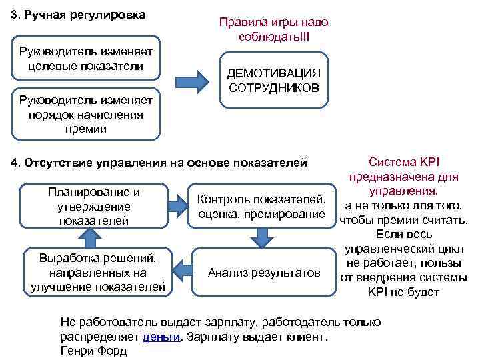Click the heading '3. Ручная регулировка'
coord(79,15)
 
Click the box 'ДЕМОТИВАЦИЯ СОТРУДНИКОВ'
coord(274,80)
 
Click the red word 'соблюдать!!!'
coord(274,35)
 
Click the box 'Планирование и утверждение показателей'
coord(94,205)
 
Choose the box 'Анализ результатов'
coord(264,272)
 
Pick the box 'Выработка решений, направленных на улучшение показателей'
coord(98,272)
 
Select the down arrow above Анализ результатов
coord(262,235)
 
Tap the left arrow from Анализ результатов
coord(180,269)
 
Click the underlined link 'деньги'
coord(162,337)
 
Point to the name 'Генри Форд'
coord(93,351)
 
